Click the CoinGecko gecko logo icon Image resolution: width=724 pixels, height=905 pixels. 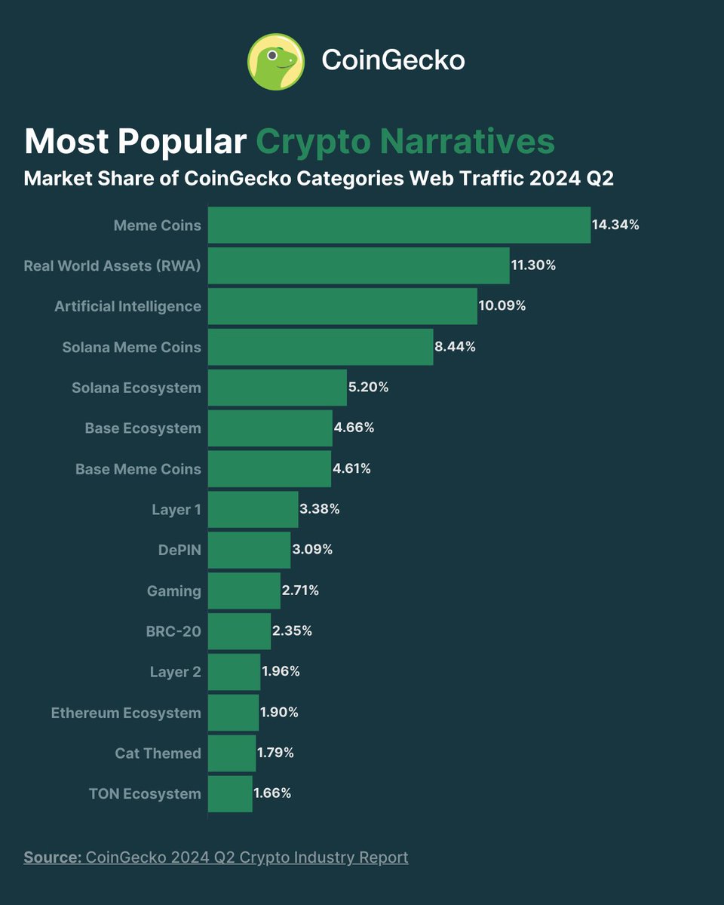tap(276, 60)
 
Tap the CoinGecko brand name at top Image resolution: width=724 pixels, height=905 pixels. tap(393, 60)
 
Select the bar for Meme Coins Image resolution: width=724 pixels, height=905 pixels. tap(399, 225)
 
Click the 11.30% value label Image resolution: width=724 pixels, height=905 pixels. tap(533, 265)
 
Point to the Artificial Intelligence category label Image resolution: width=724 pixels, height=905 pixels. tap(127, 306)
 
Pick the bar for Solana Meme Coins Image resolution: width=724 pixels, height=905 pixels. tap(321, 347)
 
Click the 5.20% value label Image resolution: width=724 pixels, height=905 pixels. tap(369, 388)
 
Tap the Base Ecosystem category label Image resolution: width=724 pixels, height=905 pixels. tap(143, 428)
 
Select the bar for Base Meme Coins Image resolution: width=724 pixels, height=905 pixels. tap(269, 469)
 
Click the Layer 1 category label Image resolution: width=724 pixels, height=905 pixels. tap(176, 510)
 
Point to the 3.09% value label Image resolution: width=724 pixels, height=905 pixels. tap(312, 550)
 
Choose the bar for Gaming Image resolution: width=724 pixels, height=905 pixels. tap(244, 591)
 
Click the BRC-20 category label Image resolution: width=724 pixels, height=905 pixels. tap(173, 631)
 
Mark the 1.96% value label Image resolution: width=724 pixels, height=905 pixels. tap(281, 672)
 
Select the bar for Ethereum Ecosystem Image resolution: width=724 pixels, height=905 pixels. tap(233, 713)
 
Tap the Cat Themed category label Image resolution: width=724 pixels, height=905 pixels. tap(158, 753)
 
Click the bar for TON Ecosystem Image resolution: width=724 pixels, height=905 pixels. tap(230, 793)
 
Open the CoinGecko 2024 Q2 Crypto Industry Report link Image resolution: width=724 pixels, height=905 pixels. tap(247, 857)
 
